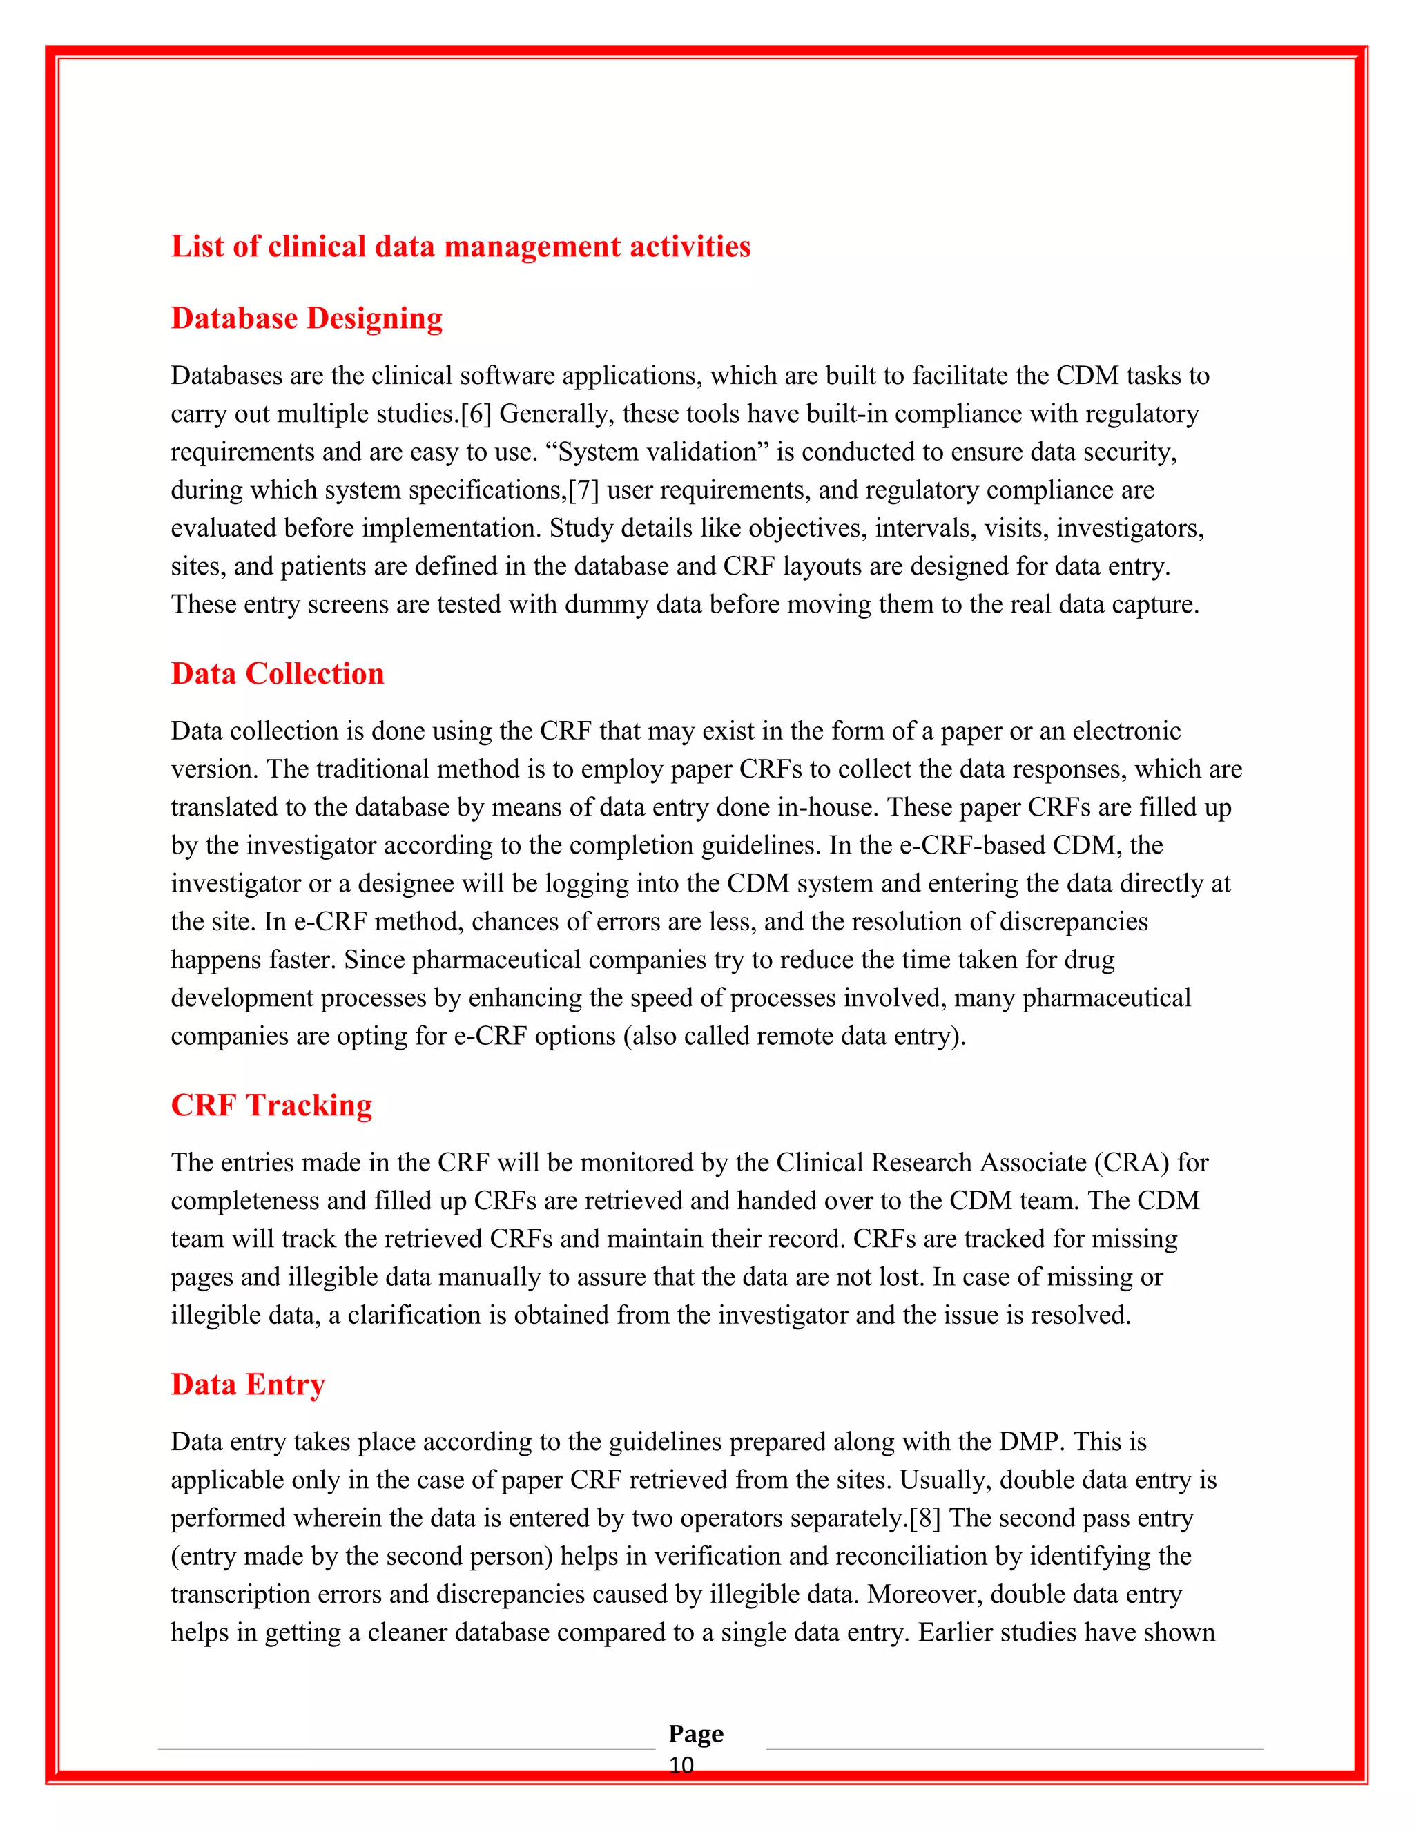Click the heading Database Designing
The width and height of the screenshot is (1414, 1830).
[x=307, y=318]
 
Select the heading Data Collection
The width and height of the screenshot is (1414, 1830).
[x=278, y=674]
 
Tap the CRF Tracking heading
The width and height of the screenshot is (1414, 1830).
[x=271, y=1105]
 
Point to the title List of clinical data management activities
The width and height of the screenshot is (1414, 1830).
[x=461, y=247]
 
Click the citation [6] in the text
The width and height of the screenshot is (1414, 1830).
[x=476, y=414]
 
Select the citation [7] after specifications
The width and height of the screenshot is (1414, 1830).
[x=584, y=490]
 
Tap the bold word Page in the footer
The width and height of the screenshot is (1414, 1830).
[x=696, y=1733]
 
